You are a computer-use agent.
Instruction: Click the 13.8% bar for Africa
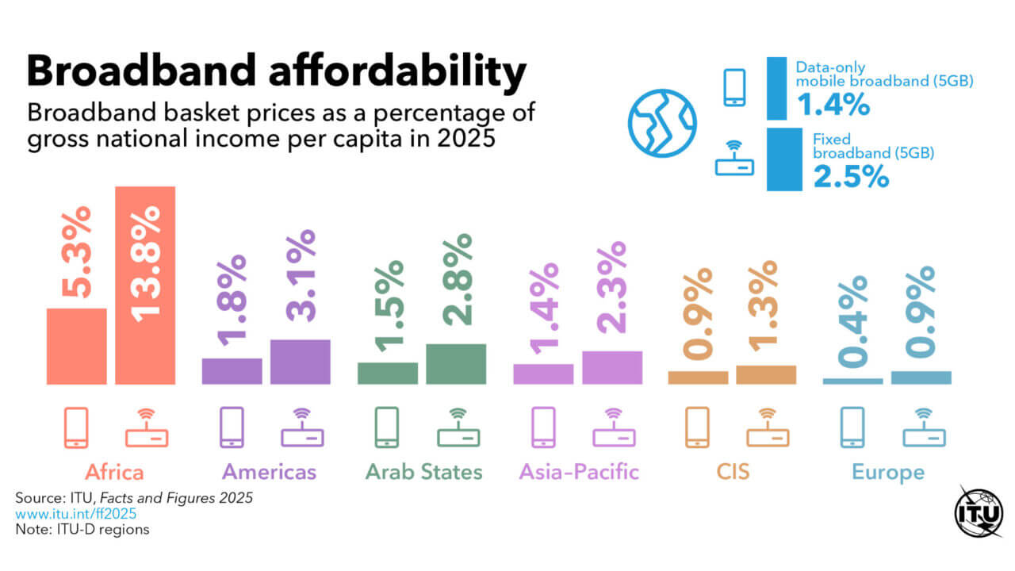145,285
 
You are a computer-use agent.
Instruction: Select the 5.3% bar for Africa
76,347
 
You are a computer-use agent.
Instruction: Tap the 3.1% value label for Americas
301,275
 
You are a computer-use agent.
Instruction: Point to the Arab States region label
423,473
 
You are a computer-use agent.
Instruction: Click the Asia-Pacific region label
579,473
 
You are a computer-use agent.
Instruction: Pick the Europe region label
888,473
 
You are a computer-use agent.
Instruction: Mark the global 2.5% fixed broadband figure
851,177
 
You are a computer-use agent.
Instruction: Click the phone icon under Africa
76,427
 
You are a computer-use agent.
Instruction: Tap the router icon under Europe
924,427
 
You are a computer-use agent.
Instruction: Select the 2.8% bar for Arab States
456,364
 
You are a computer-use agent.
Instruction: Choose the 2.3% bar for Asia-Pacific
612,367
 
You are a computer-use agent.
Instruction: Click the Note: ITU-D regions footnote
82,529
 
